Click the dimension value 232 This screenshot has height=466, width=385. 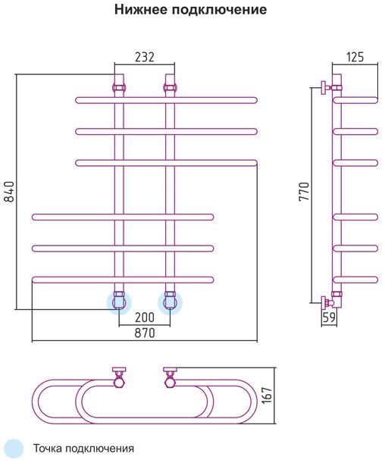[145, 57]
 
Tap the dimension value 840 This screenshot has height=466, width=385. [10, 192]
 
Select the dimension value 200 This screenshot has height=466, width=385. [145, 317]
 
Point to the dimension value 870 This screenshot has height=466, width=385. [145, 333]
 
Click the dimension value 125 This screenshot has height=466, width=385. [355, 57]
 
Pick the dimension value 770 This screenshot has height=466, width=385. [305, 192]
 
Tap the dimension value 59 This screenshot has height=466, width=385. [329, 317]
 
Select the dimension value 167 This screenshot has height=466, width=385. [268, 395]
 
